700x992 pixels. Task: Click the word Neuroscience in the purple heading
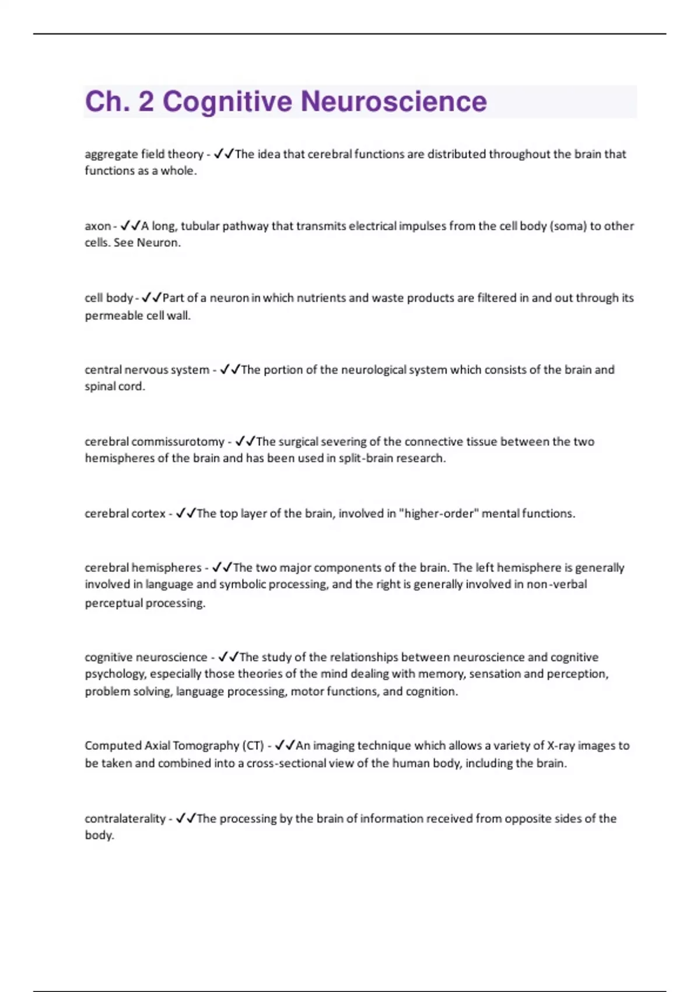coord(394,102)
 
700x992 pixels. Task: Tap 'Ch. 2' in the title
coord(119,102)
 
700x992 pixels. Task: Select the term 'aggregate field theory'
coord(143,154)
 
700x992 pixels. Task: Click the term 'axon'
coord(97,226)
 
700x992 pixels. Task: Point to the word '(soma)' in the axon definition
coord(568,226)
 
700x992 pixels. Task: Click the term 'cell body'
coord(108,298)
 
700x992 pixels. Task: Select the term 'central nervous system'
coord(147,369)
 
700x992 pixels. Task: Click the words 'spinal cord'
coord(114,386)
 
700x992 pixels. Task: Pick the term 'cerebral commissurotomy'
coord(155,442)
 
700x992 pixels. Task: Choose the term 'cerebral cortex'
coord(125,514)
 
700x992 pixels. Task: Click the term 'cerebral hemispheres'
coord(143,568)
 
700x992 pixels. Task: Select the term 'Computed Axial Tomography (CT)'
coord(174,746)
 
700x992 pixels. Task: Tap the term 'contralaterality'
coord(125,819)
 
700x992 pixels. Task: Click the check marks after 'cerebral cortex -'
coord(185,514)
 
